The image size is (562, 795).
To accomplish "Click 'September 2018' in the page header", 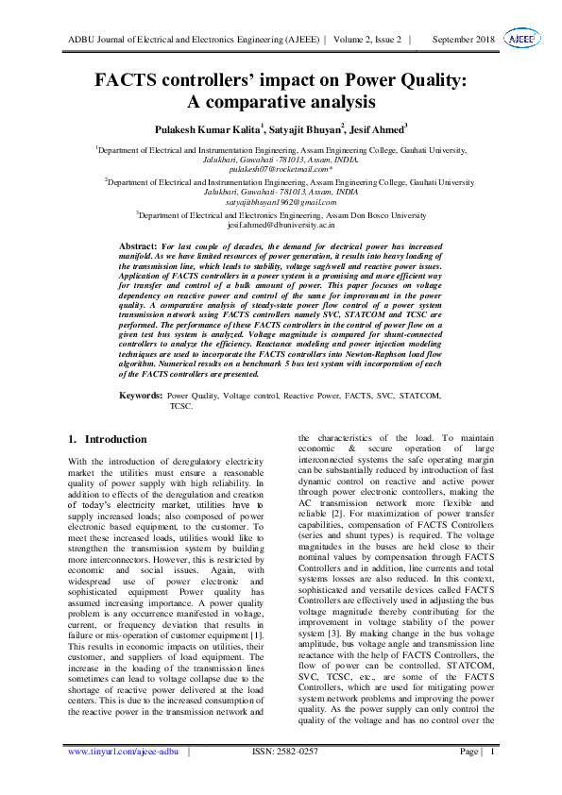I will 463,40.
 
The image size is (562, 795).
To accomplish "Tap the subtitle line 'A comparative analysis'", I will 281,102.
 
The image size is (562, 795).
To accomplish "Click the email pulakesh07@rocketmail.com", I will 281,167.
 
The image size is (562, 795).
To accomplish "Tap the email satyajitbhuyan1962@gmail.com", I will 281,201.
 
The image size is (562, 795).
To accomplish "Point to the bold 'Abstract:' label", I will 138,245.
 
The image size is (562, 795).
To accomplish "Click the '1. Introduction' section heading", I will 110,439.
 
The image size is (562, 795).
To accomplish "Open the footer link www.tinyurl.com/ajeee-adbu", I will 124,777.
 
